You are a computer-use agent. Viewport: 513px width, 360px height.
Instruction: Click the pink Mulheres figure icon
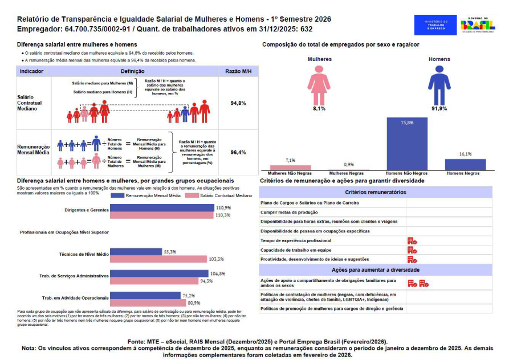point(319,85)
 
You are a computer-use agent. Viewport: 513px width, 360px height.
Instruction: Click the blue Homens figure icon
point(439,85)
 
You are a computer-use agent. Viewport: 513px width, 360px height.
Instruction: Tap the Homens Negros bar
point(465,164)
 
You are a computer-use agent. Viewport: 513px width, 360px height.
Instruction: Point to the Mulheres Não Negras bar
point(290,167)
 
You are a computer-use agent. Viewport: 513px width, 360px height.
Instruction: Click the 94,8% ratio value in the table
point(238,103)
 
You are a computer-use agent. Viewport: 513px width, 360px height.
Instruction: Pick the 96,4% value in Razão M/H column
point(238,153)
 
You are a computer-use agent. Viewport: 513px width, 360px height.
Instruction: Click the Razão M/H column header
point(238,71)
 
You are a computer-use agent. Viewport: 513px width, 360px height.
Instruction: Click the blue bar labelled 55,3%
point(136,251)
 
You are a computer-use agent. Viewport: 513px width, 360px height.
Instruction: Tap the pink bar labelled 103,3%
point(157,259)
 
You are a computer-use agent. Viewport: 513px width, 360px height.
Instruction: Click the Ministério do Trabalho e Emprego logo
point(435,25)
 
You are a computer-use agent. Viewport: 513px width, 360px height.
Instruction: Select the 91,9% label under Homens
point(439,108)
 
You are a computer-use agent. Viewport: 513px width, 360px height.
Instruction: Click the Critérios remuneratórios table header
point(375,192)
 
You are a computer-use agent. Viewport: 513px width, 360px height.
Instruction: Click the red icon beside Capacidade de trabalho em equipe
point(412,249)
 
